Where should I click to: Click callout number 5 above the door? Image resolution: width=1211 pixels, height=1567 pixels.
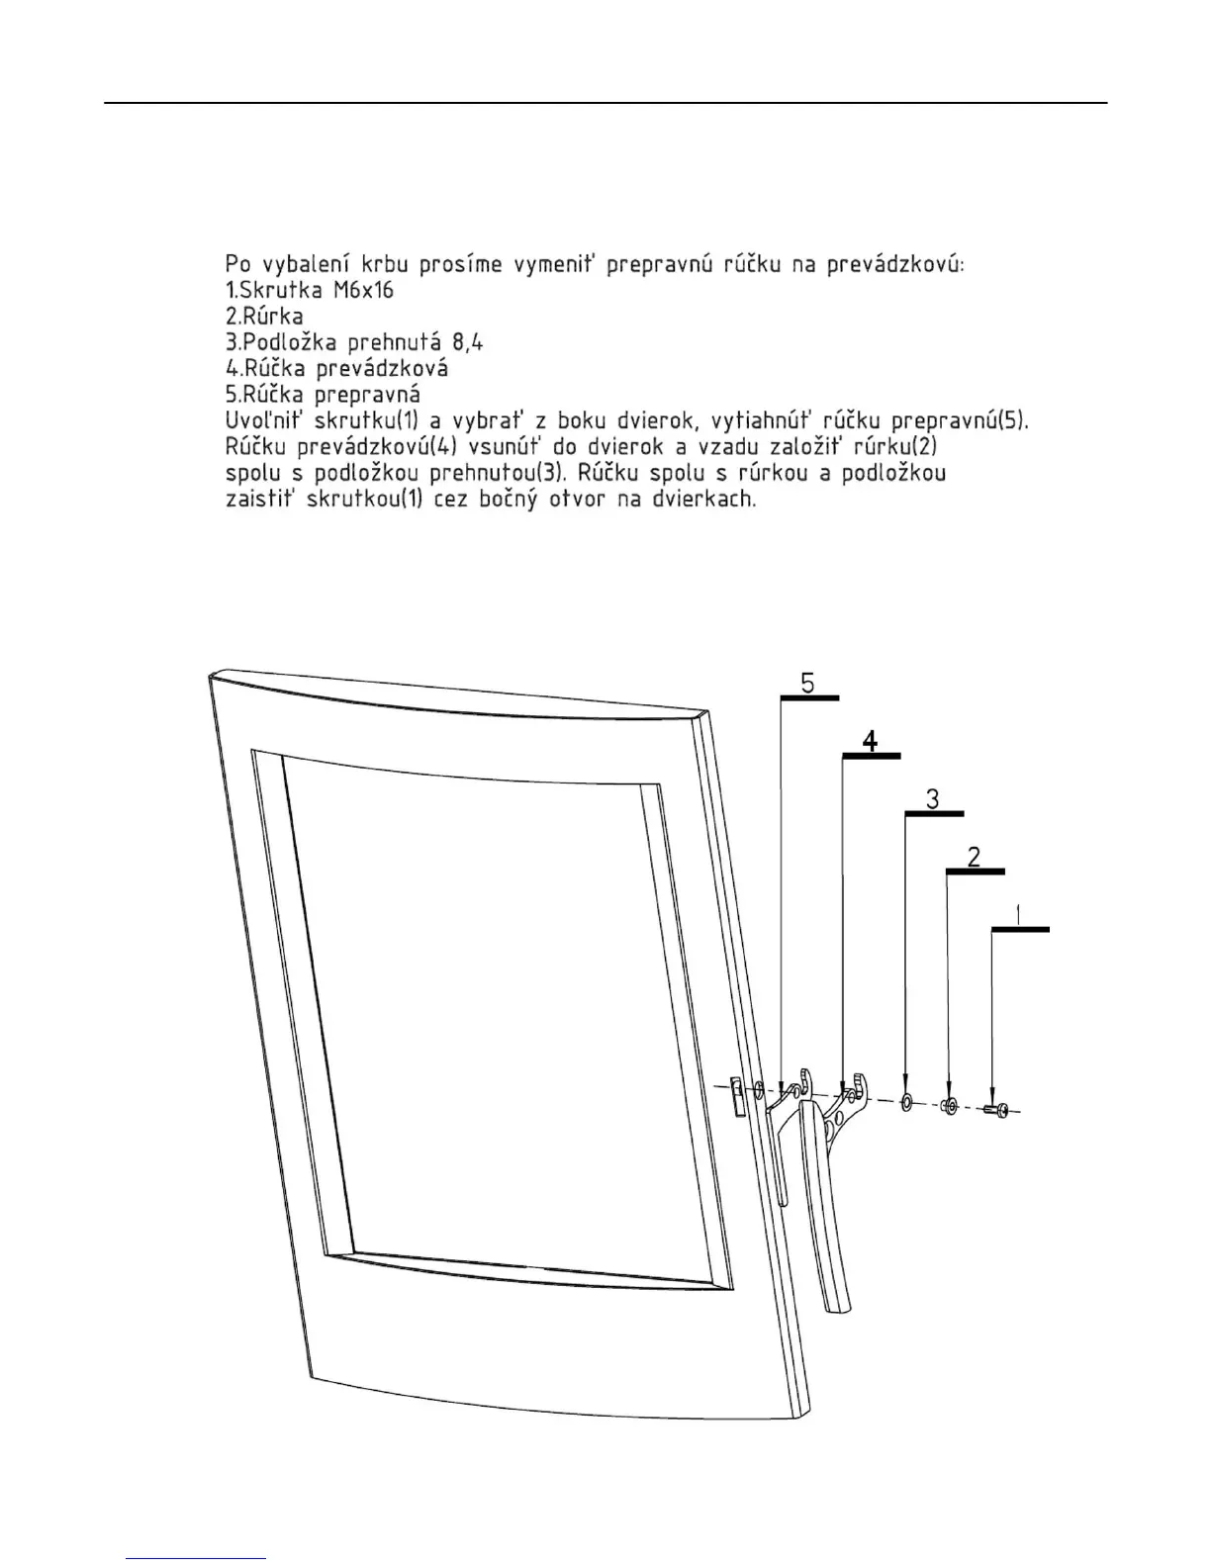click(x=807, y=683)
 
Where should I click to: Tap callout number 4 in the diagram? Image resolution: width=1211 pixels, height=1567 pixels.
click(x=870, y=741)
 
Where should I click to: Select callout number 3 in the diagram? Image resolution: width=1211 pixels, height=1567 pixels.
click(x=933, y=798)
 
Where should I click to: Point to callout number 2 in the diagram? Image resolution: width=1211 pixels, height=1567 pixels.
click(x=975, y=856)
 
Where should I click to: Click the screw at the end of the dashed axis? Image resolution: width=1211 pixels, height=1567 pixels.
click(x=996, y=1111)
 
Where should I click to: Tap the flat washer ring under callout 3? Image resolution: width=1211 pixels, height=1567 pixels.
click(x=905, y=1103)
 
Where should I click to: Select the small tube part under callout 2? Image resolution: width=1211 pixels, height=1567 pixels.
click(x=949, y=1106)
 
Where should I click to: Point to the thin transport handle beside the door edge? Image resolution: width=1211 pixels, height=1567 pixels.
click(x=782, y=1157)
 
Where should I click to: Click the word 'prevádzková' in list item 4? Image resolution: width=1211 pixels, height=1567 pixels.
click(x=383, y=369)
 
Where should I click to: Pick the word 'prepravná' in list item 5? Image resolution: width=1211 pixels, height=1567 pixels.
click(x=368, y=395)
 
